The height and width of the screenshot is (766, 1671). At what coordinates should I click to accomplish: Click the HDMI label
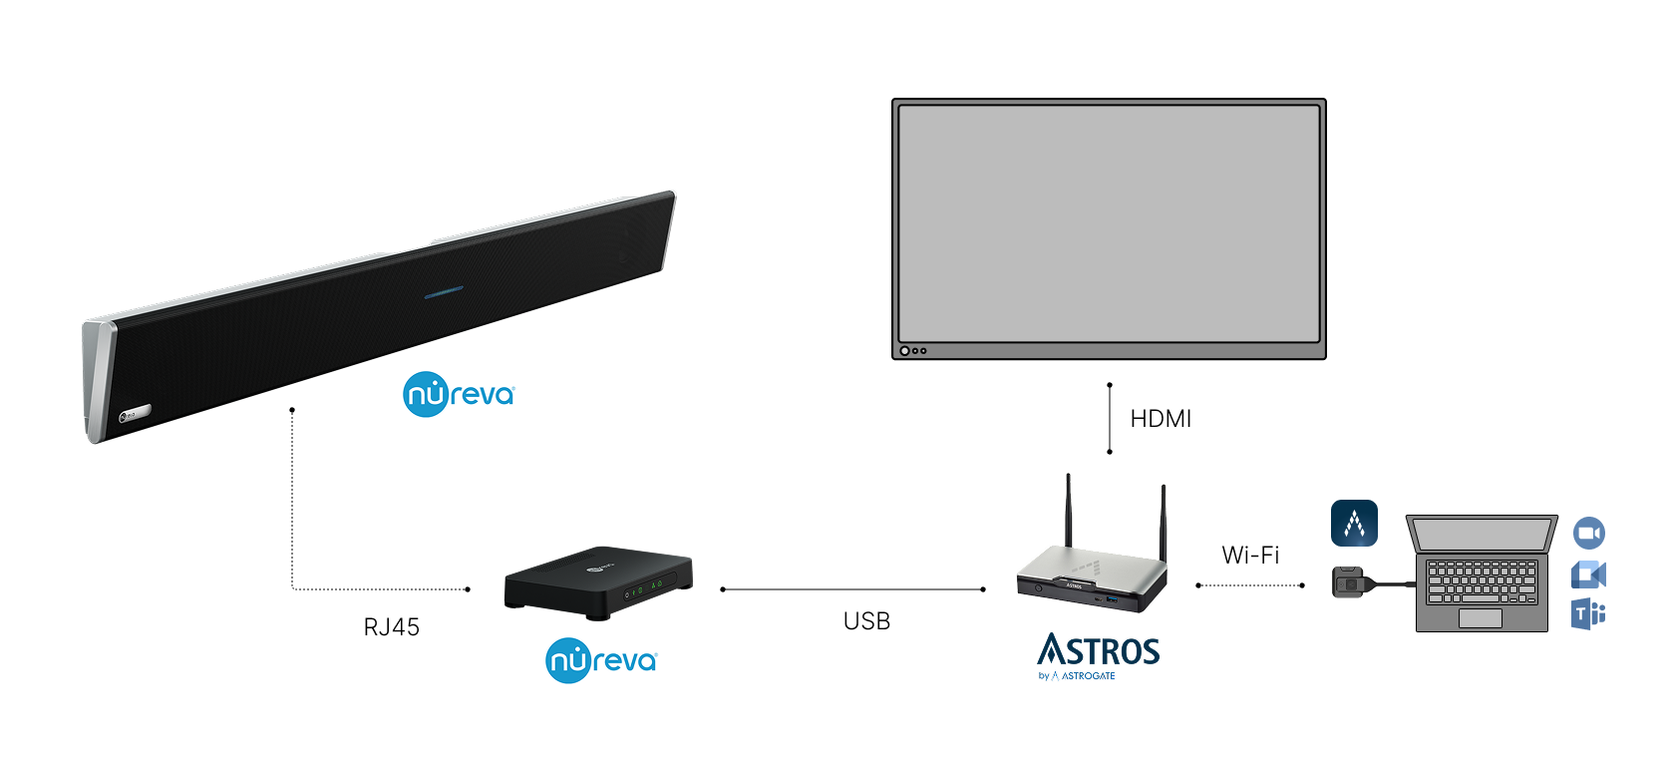pyautogui.click(x=1161, y=419)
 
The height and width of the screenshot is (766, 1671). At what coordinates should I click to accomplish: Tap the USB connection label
pyautogui.click(x=866, y=621)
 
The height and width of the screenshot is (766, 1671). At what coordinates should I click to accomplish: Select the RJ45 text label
pyautogui.click(x=392, y=627)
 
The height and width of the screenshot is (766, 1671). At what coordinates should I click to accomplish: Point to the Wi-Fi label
pyautogui.click(x=1250, y=556)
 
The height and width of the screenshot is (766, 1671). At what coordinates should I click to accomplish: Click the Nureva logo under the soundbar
pyautogui.click(x=459, y=394)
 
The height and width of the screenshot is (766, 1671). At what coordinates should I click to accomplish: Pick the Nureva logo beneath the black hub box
pyautogui.click(x=601, y=660)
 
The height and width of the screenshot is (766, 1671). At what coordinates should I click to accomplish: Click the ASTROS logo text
pyautogui.click(x=1099, y=651)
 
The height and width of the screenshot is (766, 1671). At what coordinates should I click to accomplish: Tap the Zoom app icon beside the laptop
pyautogui.click(x=1589, y=533)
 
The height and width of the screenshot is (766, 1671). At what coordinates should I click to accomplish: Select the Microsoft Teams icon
pyautogui.click(x=1588, y=613)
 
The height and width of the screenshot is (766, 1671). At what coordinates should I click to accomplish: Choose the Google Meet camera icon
pyautogui.click(x=1588, y=574)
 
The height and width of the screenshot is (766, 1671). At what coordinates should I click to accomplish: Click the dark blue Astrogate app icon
pyautogui.click(x=1354, y=524)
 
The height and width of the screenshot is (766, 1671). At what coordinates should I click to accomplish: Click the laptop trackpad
pyautogui.click(x=1480, y=618)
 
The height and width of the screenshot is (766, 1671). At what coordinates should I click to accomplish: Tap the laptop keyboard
pyautogui.click(x=1481, y=580)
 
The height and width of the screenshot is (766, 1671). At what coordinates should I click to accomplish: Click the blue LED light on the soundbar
pyautogui.click(x=444, y=293)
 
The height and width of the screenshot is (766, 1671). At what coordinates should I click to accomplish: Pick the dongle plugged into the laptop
pyautogui.click(x=1348, y=581)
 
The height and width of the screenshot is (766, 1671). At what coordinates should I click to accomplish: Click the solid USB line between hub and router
pyautogui.click(x=852, y=589)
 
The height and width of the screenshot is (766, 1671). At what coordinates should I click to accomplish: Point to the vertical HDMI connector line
pyautogui.click(x=1110, y=418)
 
